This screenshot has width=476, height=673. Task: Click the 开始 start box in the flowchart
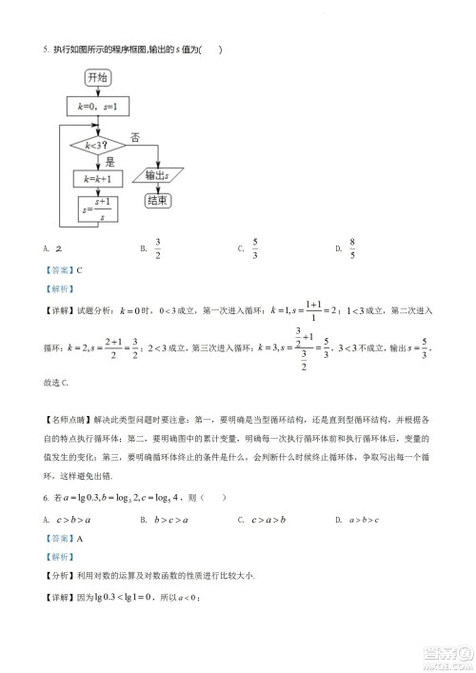tap(96, 77)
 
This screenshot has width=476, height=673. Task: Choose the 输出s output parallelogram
tap(157, 176)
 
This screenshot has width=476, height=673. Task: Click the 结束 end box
tap(157, 201)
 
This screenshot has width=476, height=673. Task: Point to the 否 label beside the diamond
tap(135, 137)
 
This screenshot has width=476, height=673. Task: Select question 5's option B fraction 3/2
tap(158, 248)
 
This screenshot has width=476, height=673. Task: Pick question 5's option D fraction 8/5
tap(352, 248)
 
